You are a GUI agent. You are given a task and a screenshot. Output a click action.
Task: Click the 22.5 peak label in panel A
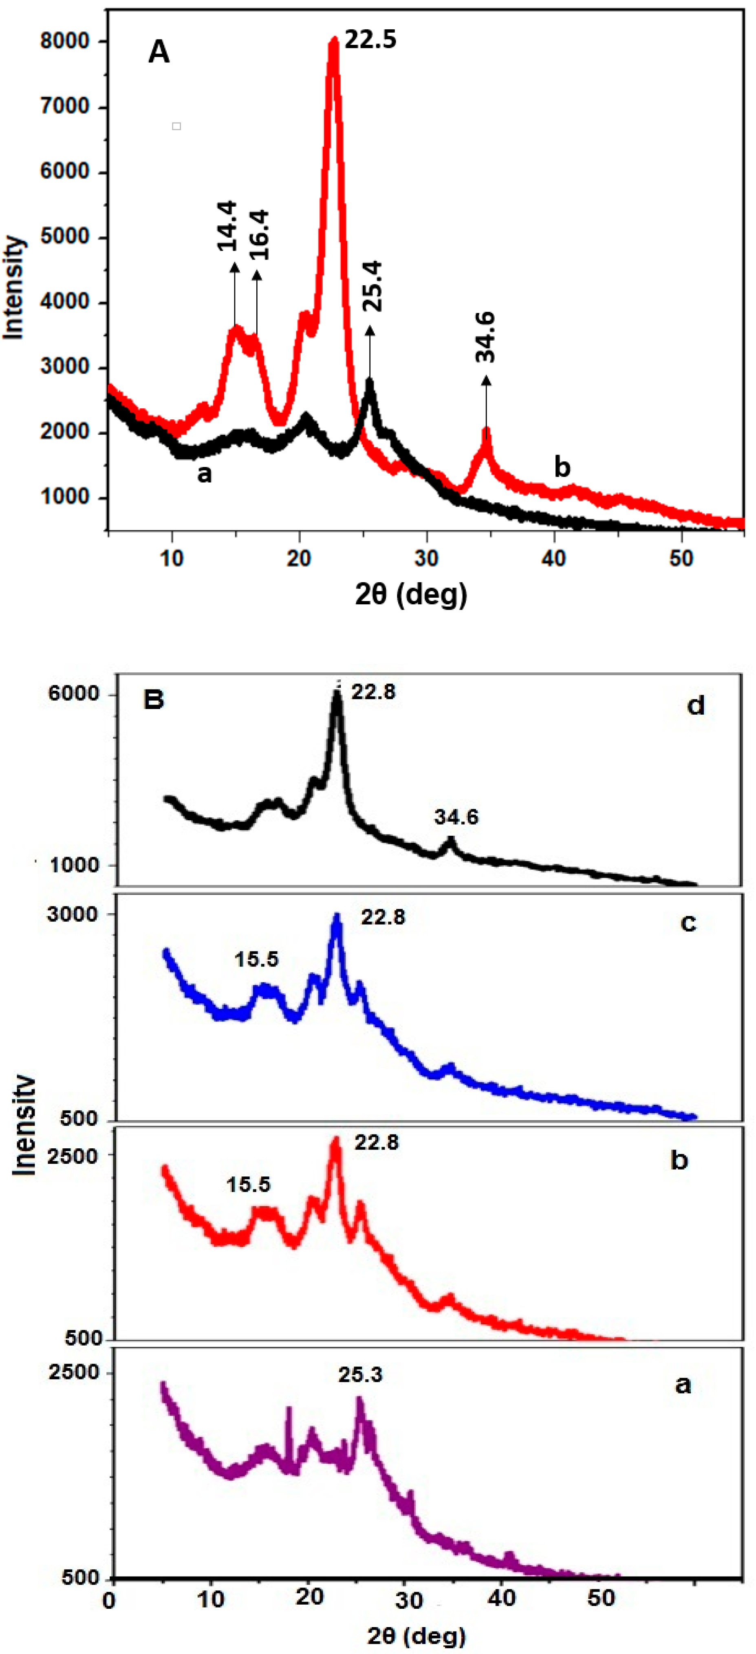point(370,40)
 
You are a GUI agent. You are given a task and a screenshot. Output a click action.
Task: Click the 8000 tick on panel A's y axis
point(64,42)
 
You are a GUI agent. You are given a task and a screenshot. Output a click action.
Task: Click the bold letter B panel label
point(154,698)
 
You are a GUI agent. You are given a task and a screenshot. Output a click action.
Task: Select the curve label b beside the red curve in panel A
point(562,467)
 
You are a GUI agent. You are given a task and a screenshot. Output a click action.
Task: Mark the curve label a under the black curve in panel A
point(204,474)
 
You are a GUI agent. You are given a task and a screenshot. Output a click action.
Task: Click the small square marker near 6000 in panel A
point(176,126)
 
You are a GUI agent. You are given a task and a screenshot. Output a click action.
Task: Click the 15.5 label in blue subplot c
point(256,959)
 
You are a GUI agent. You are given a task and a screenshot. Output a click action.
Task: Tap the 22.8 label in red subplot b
point(376,1142)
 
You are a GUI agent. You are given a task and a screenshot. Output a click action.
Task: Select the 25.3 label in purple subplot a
point(360,1375)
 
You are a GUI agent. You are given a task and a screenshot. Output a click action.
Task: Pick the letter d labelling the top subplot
point(696,706)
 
